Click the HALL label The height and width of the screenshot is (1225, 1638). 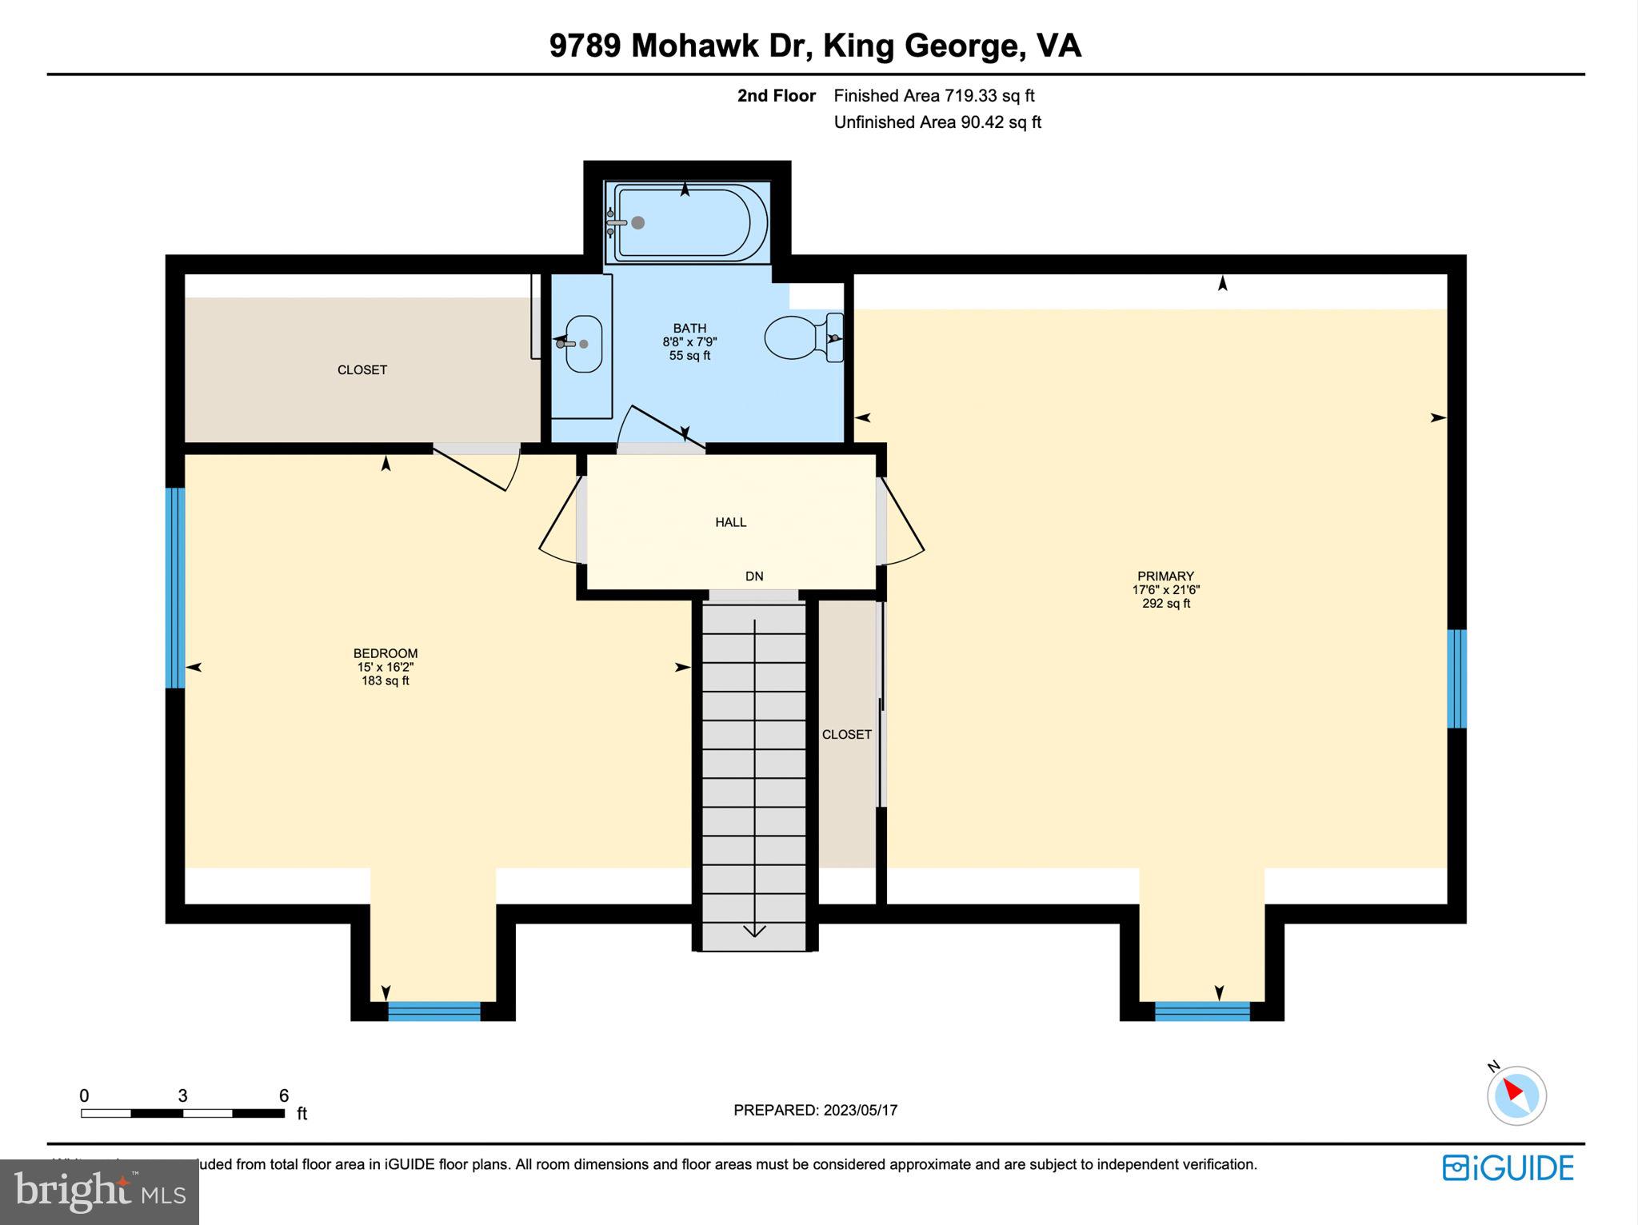click(x=730, y=522)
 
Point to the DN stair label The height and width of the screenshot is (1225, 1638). click(x=753, y=576)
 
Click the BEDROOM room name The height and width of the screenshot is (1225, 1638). click(x=385, y=653)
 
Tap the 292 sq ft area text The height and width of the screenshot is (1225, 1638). click(x=1165, y=604)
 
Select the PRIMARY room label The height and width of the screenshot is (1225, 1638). click(x=1165, y=576)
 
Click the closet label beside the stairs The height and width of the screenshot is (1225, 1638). click(x=846, y=734)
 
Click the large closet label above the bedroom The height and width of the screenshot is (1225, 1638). click(x=362, y=369)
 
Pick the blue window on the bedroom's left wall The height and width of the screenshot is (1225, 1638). click(x=175, y=588)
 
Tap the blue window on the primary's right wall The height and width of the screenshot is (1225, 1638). click(x=1456, y=678)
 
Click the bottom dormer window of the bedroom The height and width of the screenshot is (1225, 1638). click(x=433, y=1011)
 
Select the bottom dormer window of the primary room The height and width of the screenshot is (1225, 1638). click(x=1201, y=1011)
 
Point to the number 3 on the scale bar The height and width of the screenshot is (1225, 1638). click(x=182, y=1095)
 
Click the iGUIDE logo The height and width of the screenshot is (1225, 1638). click(x=1508, y=1168)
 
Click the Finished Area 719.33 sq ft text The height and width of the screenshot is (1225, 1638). click(x=933, y=96)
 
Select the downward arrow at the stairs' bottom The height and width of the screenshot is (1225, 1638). click(x=754, y=930)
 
